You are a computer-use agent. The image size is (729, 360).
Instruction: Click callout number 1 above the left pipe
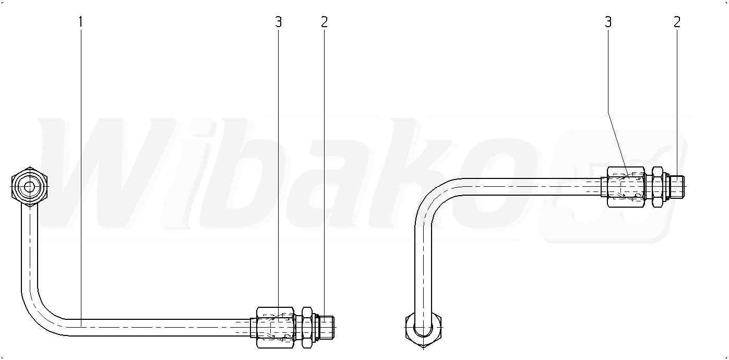(80, 22)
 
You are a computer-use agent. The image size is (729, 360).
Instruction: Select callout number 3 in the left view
(278, 22)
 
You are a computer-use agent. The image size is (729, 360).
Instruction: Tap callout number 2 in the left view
(324, 22)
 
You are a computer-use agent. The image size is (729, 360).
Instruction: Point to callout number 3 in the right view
(608, 22)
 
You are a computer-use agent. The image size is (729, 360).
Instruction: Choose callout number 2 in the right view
(677, 22)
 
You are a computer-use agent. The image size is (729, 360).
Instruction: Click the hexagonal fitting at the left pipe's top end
(30, 187)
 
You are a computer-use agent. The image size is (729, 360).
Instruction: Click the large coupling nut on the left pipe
(276, 328)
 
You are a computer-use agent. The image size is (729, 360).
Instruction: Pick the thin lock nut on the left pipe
(307, 328)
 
